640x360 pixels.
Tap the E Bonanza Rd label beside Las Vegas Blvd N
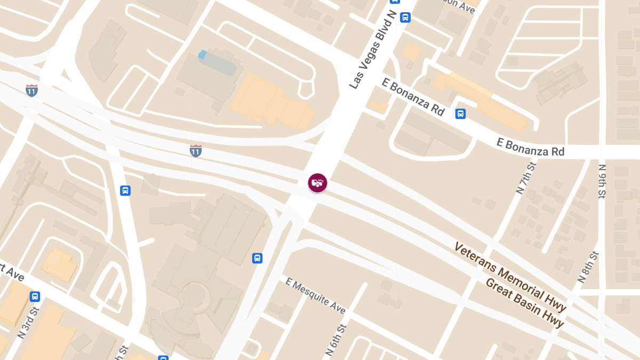(x=413, y=97)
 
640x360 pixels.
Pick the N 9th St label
(x=602, y=181)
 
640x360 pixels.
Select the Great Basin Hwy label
(x=524, y=302)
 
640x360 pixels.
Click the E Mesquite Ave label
(x=316, y=295)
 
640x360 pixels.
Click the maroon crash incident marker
(x=317, y=183)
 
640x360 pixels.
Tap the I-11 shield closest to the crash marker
(x=196, y=150)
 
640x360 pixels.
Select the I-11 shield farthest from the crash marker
(x=32, y=90)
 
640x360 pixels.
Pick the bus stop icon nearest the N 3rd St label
(x=35, y=297)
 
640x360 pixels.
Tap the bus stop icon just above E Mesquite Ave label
(x=257, y=258)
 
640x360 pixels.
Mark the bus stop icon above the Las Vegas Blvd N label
(x=405, y=17)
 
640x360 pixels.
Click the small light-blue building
(x=202, y=54)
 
